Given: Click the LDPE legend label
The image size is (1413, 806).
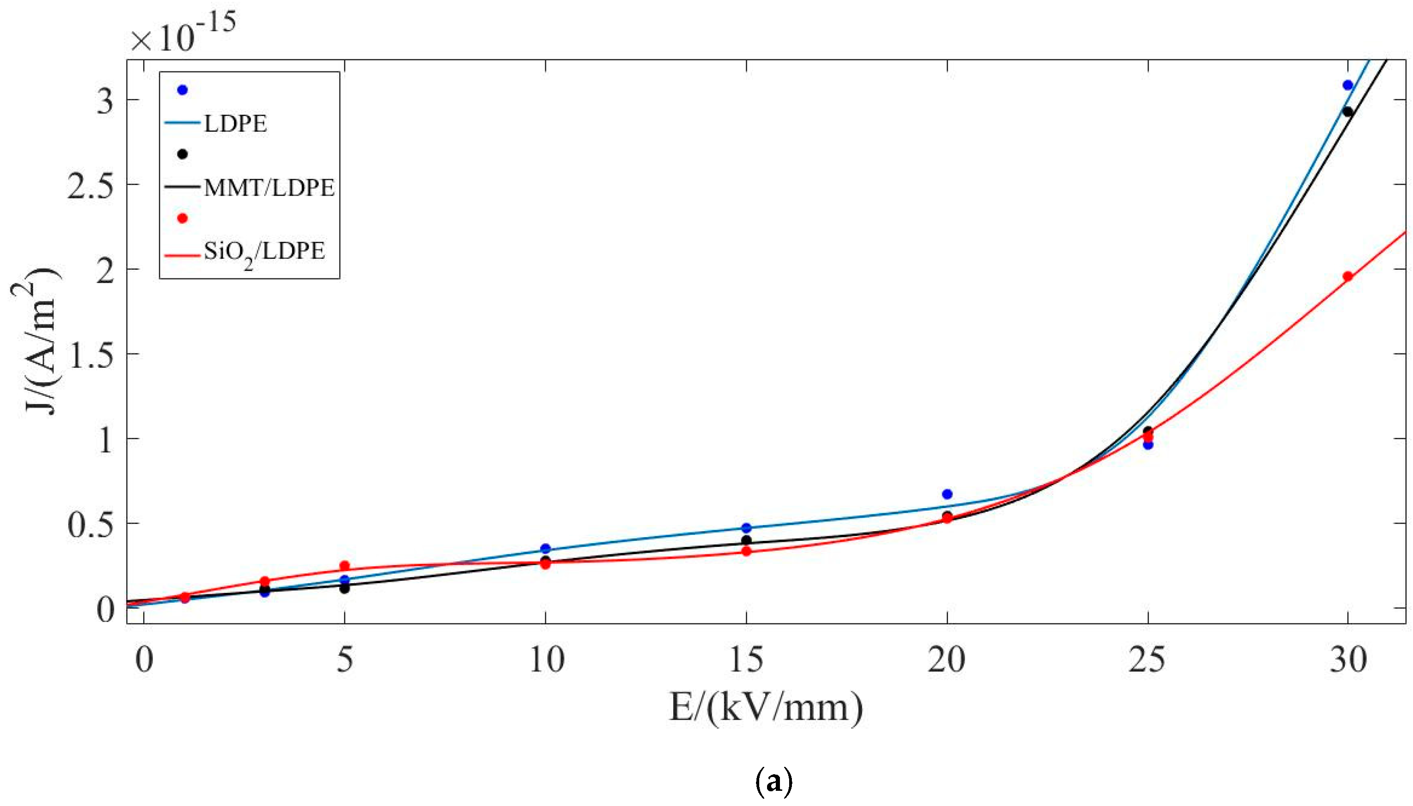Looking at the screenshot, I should click(235, 123).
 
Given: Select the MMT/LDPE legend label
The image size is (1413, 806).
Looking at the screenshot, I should click(269, 188).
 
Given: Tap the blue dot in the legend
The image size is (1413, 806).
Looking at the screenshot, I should click(182, 90).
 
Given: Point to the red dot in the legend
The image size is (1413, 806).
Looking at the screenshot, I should click(182, 218).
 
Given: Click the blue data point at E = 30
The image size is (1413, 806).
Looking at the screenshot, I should click(1348, 85).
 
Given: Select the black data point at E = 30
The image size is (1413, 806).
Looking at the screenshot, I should click(1348, 112).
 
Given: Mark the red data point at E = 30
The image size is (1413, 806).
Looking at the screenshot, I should click(1348, 276).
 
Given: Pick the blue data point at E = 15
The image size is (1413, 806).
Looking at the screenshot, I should click(746, 528).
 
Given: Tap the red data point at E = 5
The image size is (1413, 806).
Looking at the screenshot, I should click(344, 566).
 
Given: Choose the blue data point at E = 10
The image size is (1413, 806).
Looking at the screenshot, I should click(546, 549).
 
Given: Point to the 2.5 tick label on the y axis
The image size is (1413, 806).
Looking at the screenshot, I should click(90, 186).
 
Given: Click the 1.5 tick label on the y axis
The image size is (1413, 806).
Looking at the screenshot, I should click(90, 355).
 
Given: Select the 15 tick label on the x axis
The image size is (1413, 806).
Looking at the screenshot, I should click(746, 660).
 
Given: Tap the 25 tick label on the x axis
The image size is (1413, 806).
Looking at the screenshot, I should click(1147, 660).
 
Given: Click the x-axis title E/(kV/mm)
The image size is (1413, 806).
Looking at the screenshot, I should click(766, 708).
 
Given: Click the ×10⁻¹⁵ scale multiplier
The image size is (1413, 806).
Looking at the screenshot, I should click(183, 33).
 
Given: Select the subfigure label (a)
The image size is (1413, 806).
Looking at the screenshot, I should click(773, 782).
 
